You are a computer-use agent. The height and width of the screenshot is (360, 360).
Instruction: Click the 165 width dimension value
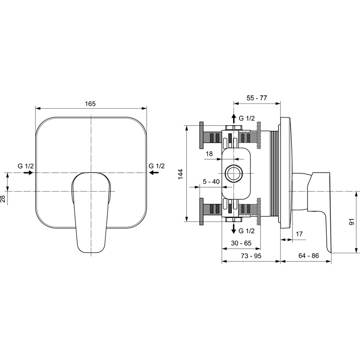90,104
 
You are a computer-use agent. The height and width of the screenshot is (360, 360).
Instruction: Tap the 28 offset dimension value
3,199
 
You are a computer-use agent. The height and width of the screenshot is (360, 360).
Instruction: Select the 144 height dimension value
181,174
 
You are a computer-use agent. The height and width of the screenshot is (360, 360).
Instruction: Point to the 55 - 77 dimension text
257,98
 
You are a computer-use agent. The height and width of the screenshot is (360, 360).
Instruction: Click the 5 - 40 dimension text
211,181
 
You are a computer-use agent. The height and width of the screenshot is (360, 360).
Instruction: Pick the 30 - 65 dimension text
241,243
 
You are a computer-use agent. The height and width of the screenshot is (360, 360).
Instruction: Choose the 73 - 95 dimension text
251,256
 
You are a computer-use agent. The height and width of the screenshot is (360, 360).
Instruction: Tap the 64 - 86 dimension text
309,256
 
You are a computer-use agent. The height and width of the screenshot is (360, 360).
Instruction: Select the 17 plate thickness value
299,234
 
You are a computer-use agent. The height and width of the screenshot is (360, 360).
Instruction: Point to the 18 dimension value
209,154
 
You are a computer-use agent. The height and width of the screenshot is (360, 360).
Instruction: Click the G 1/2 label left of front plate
26,166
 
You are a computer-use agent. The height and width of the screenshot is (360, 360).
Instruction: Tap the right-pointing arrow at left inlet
28,173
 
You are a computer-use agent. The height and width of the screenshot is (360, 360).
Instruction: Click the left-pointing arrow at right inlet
154,173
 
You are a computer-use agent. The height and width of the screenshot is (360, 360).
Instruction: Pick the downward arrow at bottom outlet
234,229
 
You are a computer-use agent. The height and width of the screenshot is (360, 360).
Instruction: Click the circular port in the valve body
234,173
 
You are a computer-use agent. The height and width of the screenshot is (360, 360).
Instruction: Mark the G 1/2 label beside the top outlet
247,118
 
